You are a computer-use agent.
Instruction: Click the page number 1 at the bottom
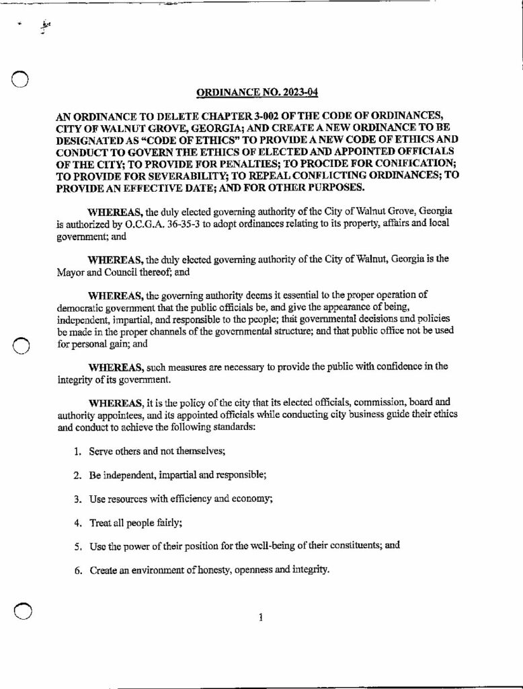pyautogui.click(x=259, y=618)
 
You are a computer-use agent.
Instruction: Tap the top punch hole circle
pyautogui.click(x=22, y=79)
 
